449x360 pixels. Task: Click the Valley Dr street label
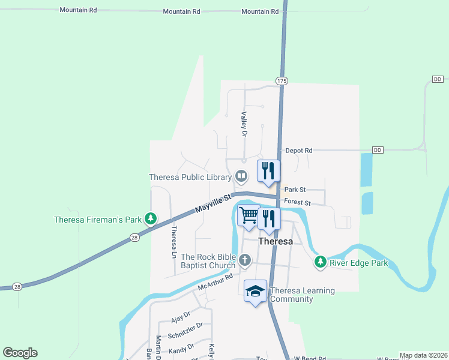pyautogui.click(x=244, y=124)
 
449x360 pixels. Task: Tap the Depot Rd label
pyautogui.click(x=299, y=151)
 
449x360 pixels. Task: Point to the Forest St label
pyautogui.click(x=297, y=203)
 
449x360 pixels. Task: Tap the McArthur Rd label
pyautogui.click(x=215, y=283)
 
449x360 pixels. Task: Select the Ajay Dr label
pyautogui.click(x=180, y=314)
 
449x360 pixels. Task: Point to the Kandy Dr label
pyautogui.click(x=181, y=347)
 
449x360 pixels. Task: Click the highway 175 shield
pyautogui.click(x=282, y=80)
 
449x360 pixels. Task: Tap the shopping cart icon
pyautogui.click(x=249, y=215)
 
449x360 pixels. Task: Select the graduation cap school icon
pyautogui.click(x=256, y=291)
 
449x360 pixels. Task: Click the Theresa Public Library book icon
pyautogui.click(x=241, y=176)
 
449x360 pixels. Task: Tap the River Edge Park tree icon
pyautogui.click(x=321, y=262)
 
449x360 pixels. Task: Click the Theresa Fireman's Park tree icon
pyautogui.click(x=152, y=219)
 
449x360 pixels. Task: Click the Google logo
pyautogui.click(x=20, y=353)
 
